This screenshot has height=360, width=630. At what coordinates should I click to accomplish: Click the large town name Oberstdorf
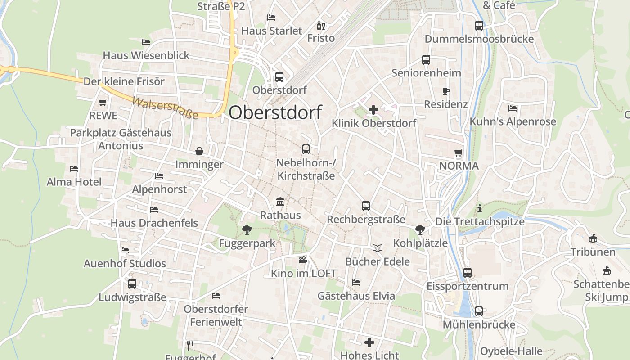(x=275, y=112)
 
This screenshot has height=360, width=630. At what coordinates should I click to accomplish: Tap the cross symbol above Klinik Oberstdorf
(x=373, y=109)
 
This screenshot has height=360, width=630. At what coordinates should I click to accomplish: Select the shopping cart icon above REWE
(x=103, y=102)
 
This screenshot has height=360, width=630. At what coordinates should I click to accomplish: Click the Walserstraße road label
(x=165, y=108)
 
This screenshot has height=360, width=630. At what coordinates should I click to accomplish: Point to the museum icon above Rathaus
(x=280, y=202)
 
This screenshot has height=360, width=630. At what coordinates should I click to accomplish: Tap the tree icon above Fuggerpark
(x=247, y=230)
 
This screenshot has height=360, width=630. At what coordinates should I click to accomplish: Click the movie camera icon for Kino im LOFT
(x=303, y=260)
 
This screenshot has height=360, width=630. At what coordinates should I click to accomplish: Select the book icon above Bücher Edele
(x=377, y=248)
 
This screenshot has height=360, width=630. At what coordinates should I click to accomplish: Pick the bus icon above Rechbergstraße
(x=366, y=206)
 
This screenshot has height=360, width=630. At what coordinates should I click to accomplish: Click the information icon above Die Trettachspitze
(x=480, y=208)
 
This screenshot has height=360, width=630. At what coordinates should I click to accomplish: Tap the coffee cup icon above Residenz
(x=446, y=91)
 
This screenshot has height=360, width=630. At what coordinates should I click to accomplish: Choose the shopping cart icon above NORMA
(x=459, y=153)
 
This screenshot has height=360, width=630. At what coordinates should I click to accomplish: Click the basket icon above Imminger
(x=199, y=151)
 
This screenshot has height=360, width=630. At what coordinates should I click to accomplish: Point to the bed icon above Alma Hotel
(x=74, y=169)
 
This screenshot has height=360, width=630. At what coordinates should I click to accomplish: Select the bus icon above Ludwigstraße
(x=132, y=284)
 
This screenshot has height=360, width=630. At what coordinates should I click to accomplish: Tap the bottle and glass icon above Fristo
(x=321, y=25)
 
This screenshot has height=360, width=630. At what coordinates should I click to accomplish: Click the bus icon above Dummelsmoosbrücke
(x=479, y=26)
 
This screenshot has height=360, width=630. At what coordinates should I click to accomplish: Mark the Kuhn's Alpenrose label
(x=513, y=121)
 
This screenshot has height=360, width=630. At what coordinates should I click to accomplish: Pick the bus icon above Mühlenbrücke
(x=479, y=311)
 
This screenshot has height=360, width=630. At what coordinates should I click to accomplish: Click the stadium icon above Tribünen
(x=593, y=238)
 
